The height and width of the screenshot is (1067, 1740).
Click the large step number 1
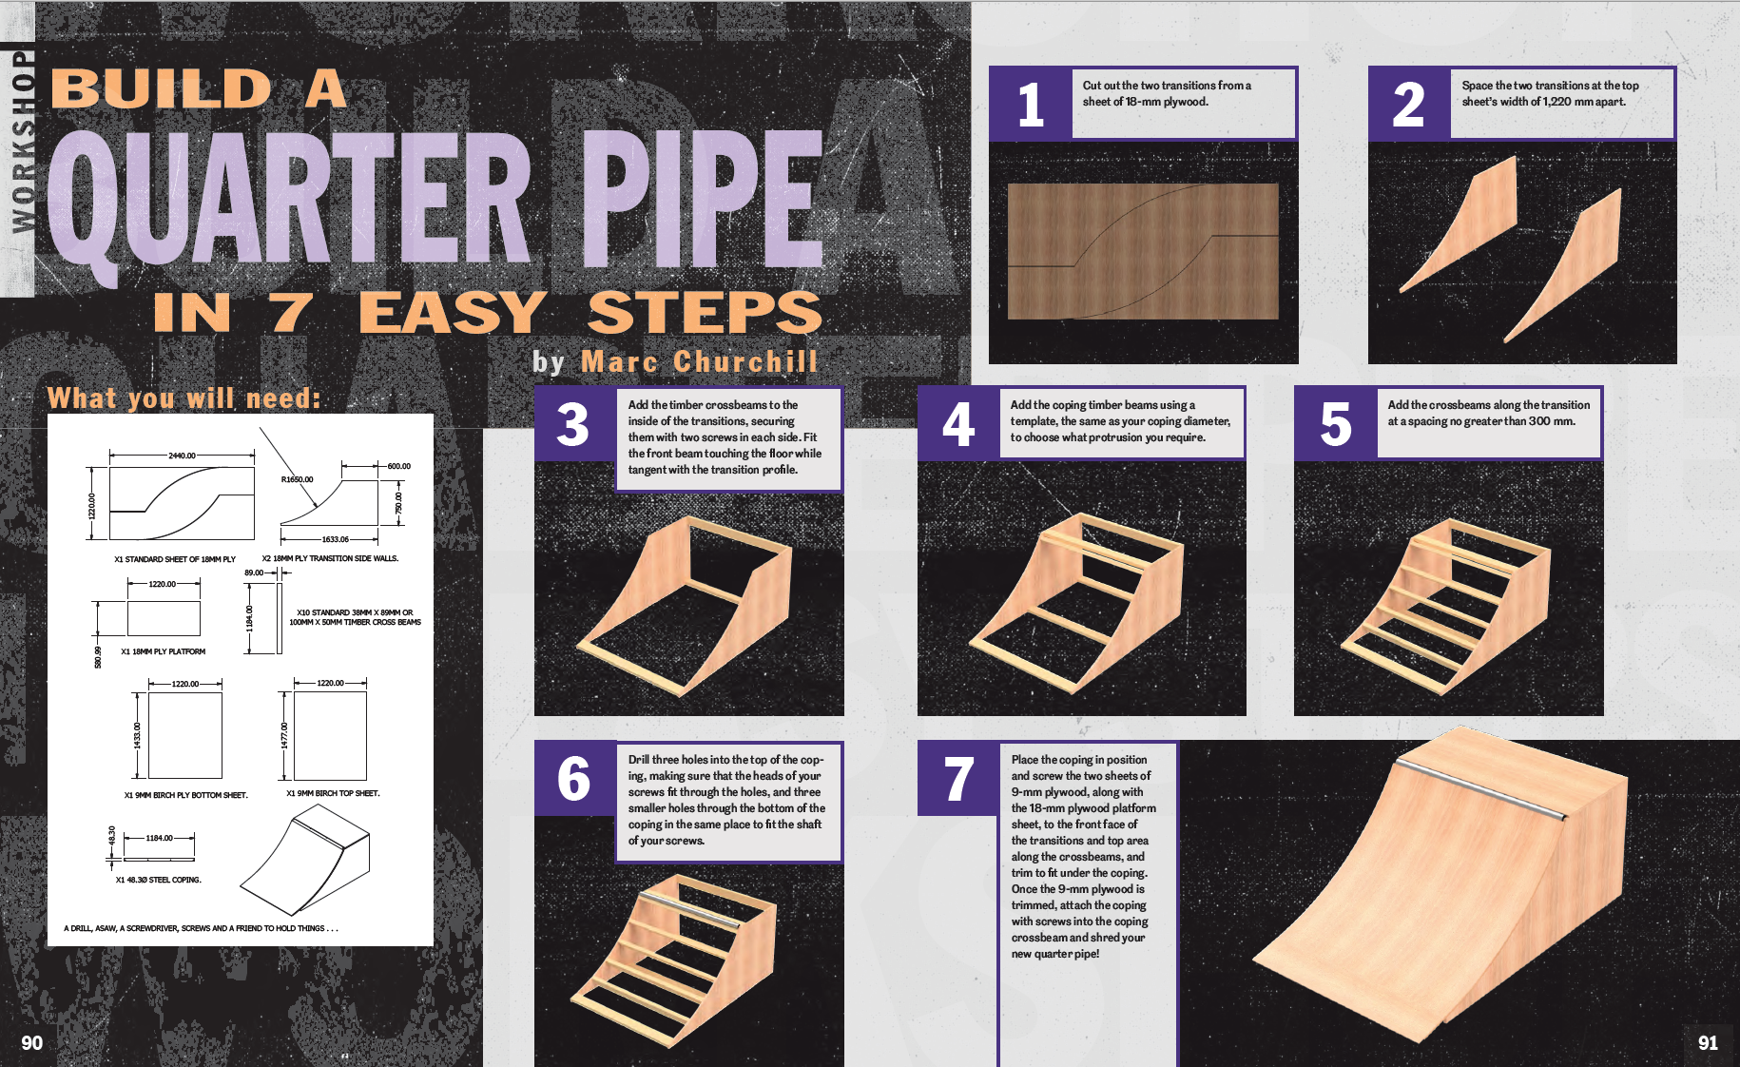pos(1031,105)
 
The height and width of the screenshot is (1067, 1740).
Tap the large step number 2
pos(1408,105)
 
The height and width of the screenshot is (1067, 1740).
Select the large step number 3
pos(572,424)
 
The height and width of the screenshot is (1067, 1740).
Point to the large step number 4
pos(958,424)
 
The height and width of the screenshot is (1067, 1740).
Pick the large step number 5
pos(1336,424)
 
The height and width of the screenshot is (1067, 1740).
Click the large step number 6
pos(573,779)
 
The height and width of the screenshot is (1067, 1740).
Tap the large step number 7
pos(958,779)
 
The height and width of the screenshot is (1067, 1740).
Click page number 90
pos(32,1042)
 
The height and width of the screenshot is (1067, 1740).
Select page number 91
pos(1708,1042)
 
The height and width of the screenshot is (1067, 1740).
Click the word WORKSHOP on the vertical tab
pos(23,141)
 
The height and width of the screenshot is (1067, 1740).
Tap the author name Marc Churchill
pos(699,361)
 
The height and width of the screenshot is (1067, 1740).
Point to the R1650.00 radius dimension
pos(297,479)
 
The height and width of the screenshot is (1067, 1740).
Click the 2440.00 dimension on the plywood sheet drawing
pos(182,456)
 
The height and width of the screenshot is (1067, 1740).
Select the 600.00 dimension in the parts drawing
pos(398,466)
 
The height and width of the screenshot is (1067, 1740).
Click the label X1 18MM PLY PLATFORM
pos(164,651)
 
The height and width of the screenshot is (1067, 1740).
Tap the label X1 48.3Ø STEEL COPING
pos(158,880)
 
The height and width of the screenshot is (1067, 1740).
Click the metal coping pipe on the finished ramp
pos(1480,788)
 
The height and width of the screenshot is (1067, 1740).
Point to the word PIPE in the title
pos(702,197)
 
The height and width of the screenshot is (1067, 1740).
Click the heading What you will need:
pos(184,398)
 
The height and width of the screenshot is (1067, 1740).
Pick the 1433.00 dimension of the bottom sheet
pos(137,735)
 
